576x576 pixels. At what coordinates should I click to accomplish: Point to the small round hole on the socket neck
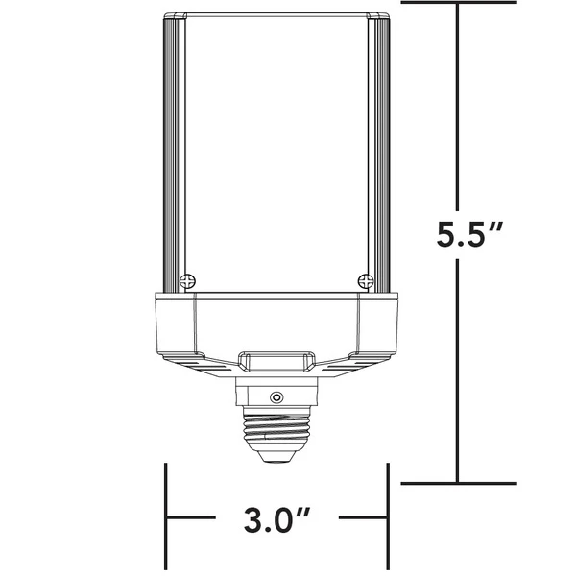[x=276, y=396]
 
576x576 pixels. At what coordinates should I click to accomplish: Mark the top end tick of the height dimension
[x=459, y=3]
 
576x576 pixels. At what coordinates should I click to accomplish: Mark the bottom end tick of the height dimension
[x=459, y=483]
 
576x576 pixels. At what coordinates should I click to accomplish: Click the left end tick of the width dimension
[x=168, y=519]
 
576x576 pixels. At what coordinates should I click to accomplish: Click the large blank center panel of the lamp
[x=276, y=154]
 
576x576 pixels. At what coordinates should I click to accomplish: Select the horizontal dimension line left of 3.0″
[x=197, y=521]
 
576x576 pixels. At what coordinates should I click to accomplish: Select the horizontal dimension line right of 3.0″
[x=360, y=521]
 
